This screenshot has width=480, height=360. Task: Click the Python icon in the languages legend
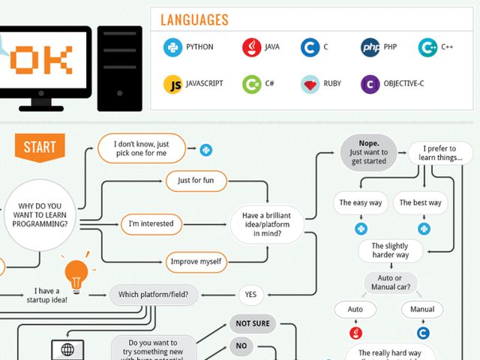[173, 47]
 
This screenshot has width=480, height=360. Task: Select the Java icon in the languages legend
[252, 47]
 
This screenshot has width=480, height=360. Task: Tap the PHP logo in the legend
[370, 47]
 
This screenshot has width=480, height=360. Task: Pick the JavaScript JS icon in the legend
[173, 84]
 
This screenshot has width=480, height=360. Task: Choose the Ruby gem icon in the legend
[310, 84]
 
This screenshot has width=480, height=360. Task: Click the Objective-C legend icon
[370, 84]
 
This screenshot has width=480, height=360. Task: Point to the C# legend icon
[252, 84]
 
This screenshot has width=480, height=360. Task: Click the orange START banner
[39, 147]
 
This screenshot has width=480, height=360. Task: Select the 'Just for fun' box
[196, 181]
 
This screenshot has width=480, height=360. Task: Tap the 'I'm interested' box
[151, 223]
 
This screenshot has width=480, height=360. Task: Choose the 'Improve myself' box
[196, 262]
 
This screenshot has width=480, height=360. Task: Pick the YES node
[250, 295]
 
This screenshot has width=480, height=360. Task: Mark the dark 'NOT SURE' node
[253, 324]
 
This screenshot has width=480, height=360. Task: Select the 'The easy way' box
[361, 202]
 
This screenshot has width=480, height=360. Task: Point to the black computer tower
[119, 67]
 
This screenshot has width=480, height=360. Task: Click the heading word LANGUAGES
[194, 20]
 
